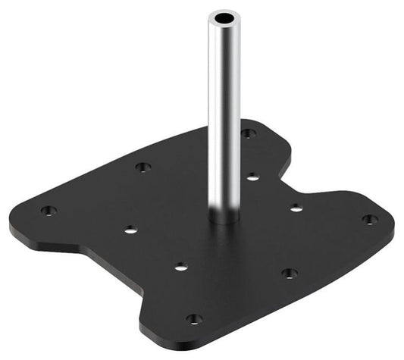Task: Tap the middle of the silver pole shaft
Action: pyautogui.click(x=222, y=114)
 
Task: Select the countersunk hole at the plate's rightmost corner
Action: pyautogui.click(x=369, y=219)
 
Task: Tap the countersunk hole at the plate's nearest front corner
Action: pyautogui.click(x=194, y=319)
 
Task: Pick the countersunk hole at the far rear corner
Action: pyautogui.click(x=248, y=133)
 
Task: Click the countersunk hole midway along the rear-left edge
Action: pyautogui.click(x=142, y=167)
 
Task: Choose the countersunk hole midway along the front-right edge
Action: pyautogui.click(x=289, y=273)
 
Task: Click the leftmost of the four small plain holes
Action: pyautogui.click(x=130, y=229)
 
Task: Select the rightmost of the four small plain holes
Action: pyautogui.click(x=294, y=205)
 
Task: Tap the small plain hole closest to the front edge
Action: pyautogui.click(x=180, y=266)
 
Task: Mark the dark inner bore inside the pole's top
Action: pyautogui.click(x=222, y=16)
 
